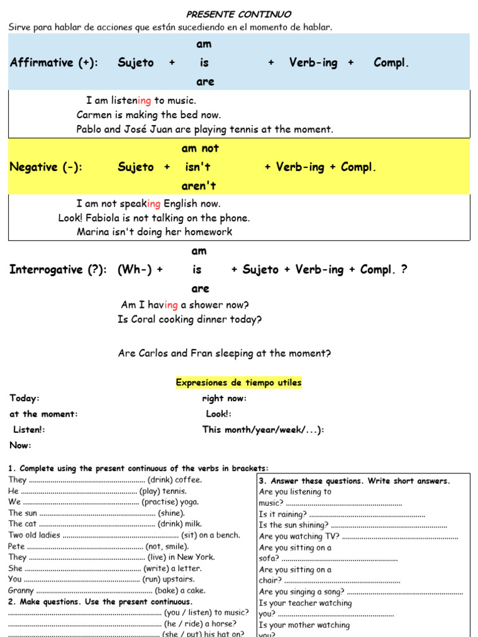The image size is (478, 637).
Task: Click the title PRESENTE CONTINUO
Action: pos(239,14)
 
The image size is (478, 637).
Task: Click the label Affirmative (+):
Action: pos(54,63)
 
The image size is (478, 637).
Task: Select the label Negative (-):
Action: pos(46,167)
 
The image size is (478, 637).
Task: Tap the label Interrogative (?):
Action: pos(58,269)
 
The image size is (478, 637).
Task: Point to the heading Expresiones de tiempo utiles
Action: pos(238,383)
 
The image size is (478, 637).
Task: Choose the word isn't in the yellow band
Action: pos(198,167)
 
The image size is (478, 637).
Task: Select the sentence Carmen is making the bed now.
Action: pos(149,115)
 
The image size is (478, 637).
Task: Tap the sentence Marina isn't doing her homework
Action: pos(154,232)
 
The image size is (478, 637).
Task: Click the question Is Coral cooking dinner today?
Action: pos(190,320)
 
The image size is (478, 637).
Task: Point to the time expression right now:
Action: pos(224,399)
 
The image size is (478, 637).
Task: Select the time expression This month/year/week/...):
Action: pos(263,430)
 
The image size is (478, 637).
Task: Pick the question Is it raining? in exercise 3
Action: pos(283,514)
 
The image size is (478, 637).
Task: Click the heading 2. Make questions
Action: pos(100,602)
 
